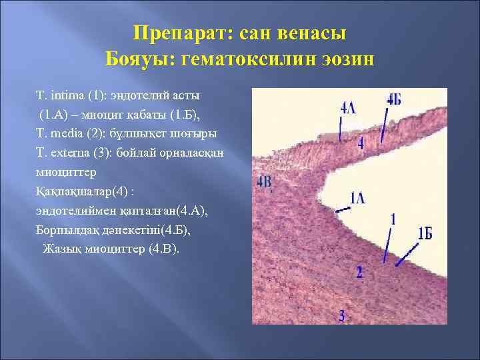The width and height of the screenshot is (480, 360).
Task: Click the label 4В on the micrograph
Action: [x=264, y=181]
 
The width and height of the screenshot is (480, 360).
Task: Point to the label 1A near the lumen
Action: [x=357, y=197]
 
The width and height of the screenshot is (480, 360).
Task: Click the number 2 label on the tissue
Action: [x=359, y=271]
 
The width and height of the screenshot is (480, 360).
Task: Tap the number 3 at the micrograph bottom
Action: [x=342, y=315]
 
